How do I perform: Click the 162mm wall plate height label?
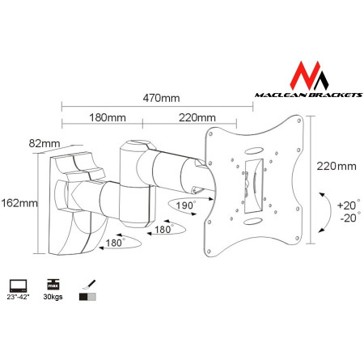point(18,202)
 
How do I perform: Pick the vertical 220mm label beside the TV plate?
point(337,167)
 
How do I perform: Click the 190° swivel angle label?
point(186,205)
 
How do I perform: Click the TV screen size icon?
point(18,286)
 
